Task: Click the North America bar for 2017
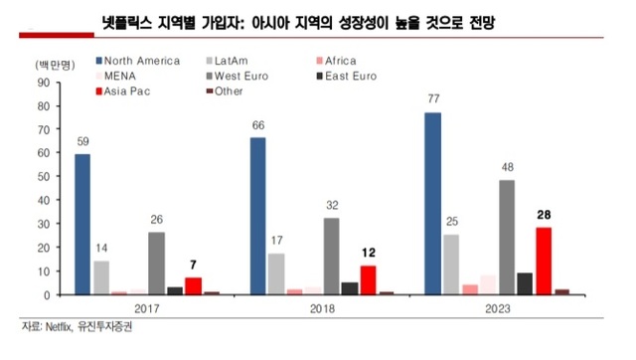click(x=82, y=225)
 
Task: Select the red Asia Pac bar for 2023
click(x=543, y=261)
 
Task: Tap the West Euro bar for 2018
click(x=331, y=257)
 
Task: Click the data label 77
click(x=432, y=99)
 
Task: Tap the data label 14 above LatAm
click(x=101, y=249)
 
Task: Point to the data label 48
click(x=507, y=167)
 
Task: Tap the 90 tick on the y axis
click(x=43, y=83)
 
